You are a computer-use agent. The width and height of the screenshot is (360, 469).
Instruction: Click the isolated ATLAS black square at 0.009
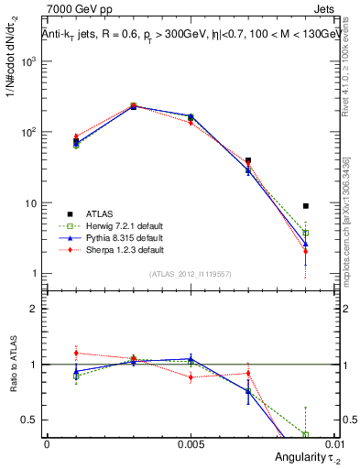306,206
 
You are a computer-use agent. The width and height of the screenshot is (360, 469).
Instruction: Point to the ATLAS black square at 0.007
248,160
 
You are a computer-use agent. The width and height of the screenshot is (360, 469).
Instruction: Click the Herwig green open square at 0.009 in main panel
306,233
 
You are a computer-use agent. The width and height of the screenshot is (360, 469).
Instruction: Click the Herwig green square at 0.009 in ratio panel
306,434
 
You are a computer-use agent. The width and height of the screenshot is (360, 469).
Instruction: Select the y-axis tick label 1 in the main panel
33,274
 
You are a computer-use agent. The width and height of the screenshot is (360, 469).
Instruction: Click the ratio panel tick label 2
34,309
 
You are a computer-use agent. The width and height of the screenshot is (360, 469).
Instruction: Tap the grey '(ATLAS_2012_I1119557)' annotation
191,274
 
